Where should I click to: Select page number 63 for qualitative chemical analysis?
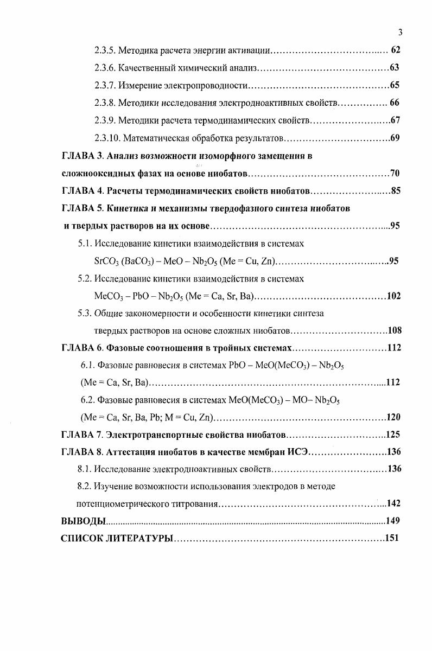pos(395,68)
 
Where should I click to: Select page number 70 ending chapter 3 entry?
pos(395,174)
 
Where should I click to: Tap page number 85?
pos(395,192)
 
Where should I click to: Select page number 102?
pos(393,296)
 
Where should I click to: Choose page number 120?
pos(393,418)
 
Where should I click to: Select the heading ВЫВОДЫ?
pos(82,521)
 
